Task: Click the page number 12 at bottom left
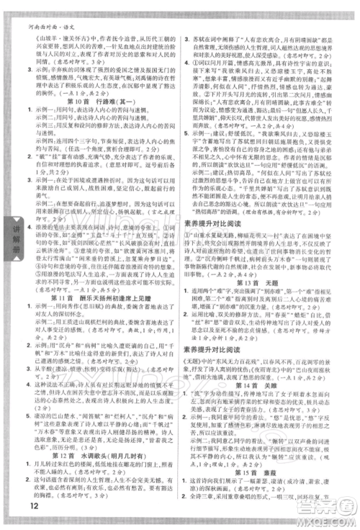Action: click(17, 513)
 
